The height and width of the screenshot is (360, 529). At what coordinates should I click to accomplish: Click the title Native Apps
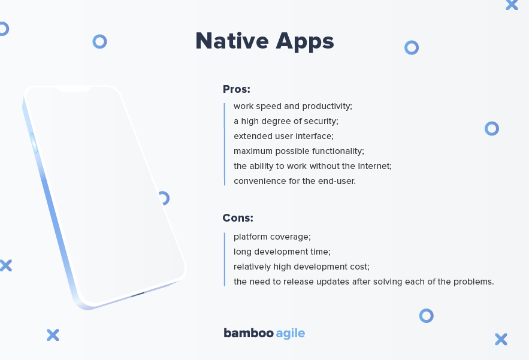point(265,41)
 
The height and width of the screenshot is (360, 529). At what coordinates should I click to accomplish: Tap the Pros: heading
point(237,89)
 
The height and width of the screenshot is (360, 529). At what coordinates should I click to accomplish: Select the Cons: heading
point(238,218)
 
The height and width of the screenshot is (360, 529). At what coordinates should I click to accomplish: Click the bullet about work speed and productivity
point(293,106)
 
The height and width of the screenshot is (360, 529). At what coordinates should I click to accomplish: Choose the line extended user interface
point(283,136)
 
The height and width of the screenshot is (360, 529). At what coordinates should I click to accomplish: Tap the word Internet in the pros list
point(374,166)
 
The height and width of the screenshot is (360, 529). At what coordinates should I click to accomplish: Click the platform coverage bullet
point(272,237)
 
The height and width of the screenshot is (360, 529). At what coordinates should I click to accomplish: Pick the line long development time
point(282,252)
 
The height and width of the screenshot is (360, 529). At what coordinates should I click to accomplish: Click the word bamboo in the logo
point(249,333)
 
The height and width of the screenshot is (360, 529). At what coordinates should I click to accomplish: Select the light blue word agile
point(291,334)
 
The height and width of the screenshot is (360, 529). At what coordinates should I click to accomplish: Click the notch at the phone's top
point(74,89)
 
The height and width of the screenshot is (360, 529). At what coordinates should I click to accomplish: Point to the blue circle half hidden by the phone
point(165,198)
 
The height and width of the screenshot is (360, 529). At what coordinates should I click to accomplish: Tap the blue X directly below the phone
point(53,335)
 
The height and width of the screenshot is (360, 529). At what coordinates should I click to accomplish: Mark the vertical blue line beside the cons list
point(224,259)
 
